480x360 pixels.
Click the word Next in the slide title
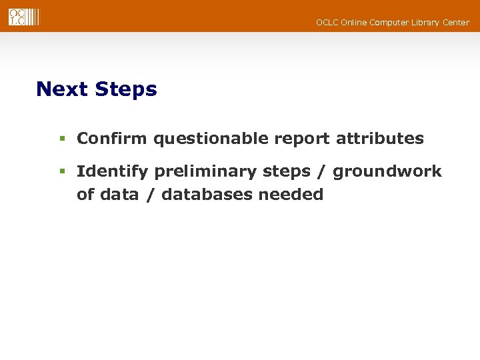pos(63,89)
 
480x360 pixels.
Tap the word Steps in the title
pos(126,90)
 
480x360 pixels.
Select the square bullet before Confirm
pos(61,139)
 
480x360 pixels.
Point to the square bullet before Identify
pos(61,172)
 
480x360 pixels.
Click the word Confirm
pos(112,139)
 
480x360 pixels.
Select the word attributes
pos(379,139)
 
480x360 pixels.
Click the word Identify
pos(113,172)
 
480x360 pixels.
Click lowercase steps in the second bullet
pos(287,172)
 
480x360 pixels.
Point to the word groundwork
pos(387,172)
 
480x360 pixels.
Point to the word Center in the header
pos(456,23)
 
